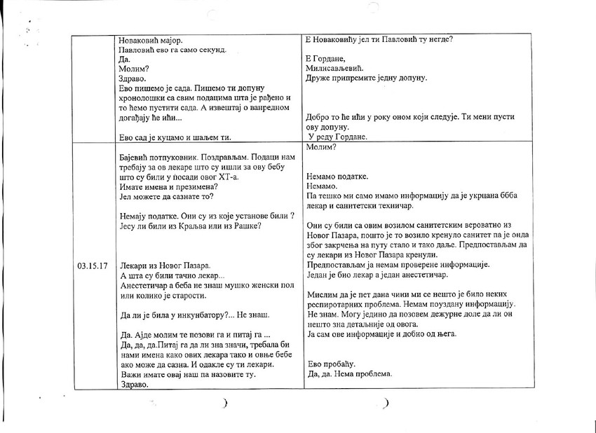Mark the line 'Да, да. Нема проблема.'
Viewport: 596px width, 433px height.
349,373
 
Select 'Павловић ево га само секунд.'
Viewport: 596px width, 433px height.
172,50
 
